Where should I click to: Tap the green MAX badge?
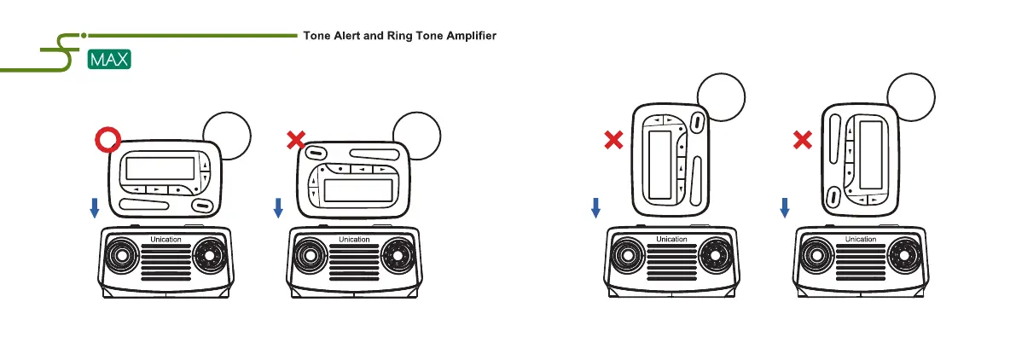tap(109, 61)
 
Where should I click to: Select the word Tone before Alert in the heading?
tap(317, 36)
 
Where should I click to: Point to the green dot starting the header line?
tap(84, 36)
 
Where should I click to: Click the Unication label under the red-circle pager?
tap(165, 239)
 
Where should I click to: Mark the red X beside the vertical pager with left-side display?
tap(613, 140)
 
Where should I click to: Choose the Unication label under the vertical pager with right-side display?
tap(860, 239)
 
